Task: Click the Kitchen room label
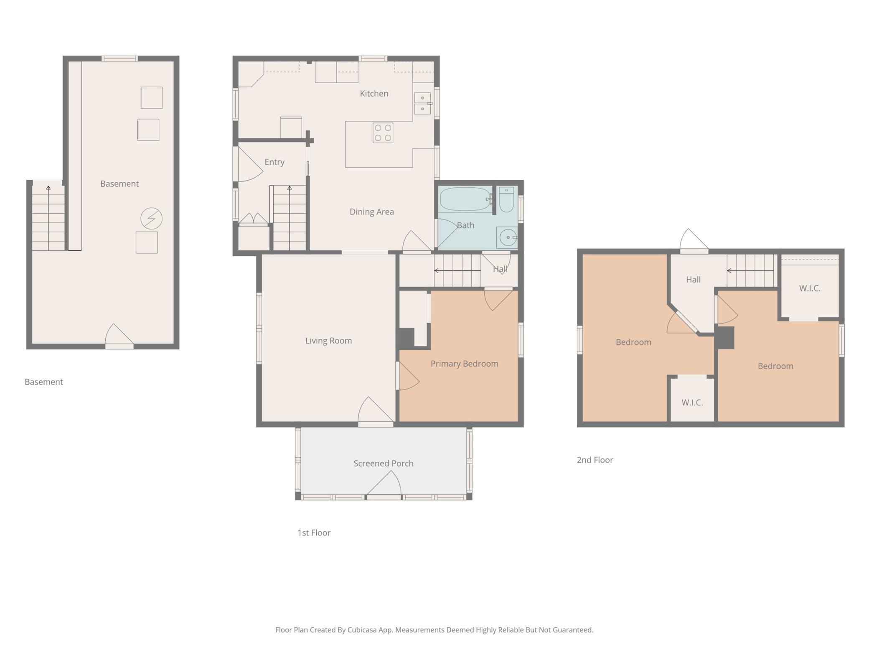tap(374, 94)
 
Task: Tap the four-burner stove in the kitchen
tap(383, 133)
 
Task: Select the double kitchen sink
tap(422, 103)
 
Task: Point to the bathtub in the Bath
tap(465, 199)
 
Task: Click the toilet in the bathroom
tap(506, 200)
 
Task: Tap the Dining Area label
tap(372, 212)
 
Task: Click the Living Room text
tap(328, 341)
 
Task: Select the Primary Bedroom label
tap(465, 364)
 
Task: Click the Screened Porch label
tap(384, 464)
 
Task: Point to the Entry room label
tap(274, 162)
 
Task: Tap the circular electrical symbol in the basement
tap(151, 219)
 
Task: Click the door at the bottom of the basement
tap(119, 336)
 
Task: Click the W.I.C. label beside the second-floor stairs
tap(810, 288)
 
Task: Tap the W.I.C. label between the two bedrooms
tap(692, 403)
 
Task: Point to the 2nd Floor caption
tap(595, 460)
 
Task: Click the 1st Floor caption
tap(314, 533)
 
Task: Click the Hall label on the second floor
tap(693, 280)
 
